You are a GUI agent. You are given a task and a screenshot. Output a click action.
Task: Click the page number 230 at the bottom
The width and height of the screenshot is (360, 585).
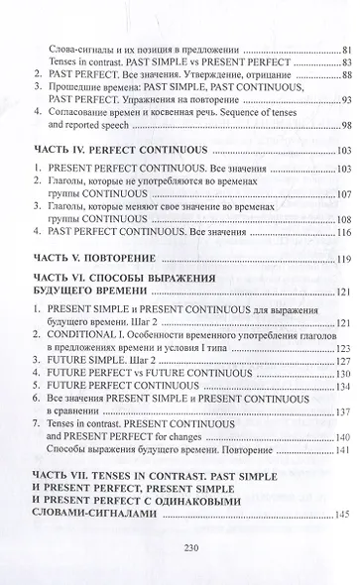180,555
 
